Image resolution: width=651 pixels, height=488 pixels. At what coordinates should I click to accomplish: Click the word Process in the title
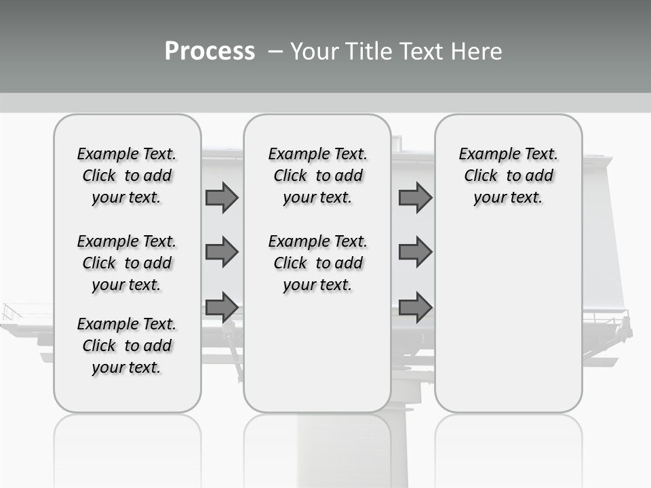point(210,52)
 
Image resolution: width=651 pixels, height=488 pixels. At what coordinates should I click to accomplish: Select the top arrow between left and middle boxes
point(222,197)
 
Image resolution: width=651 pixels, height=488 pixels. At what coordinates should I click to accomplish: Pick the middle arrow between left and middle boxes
point(222,252)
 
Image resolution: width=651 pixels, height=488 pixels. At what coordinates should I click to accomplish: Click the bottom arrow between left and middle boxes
point(222,308)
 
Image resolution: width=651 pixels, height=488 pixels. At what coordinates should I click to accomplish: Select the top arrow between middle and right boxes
point(415,197)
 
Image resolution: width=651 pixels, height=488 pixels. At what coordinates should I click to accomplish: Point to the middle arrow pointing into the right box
point(415,252)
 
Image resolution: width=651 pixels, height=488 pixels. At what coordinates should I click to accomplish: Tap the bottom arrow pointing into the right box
point(415,308)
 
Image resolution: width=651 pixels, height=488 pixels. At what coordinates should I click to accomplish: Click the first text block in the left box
point(127,176)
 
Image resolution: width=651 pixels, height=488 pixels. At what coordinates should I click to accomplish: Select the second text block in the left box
point(127,263)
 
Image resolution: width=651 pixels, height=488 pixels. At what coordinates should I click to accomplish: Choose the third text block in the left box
point(127,346)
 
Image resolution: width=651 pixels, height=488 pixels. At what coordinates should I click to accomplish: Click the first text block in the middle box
point(317,176)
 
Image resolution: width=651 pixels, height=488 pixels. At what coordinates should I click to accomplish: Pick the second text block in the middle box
point(317,263)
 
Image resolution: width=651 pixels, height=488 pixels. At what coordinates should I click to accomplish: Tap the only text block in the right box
point(508,176)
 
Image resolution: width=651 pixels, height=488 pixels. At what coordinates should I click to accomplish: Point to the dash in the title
point(275,52)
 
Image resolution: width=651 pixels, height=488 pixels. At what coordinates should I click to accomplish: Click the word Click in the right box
point(481,176)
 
